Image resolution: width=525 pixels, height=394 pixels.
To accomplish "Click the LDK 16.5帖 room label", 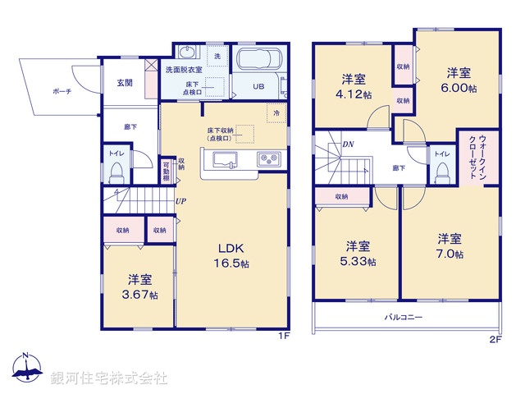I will [232, 256].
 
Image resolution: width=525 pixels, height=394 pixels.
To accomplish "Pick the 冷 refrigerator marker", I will [276, 113].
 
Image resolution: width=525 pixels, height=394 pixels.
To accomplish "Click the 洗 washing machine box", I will [217, 55].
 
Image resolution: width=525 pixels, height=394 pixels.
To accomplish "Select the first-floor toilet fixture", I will [116, 171].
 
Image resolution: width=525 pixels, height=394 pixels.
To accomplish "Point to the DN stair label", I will [348, 145].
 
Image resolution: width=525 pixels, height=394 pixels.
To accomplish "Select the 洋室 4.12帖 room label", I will [354, 87].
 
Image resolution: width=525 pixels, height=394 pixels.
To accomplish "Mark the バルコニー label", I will [404, 316].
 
